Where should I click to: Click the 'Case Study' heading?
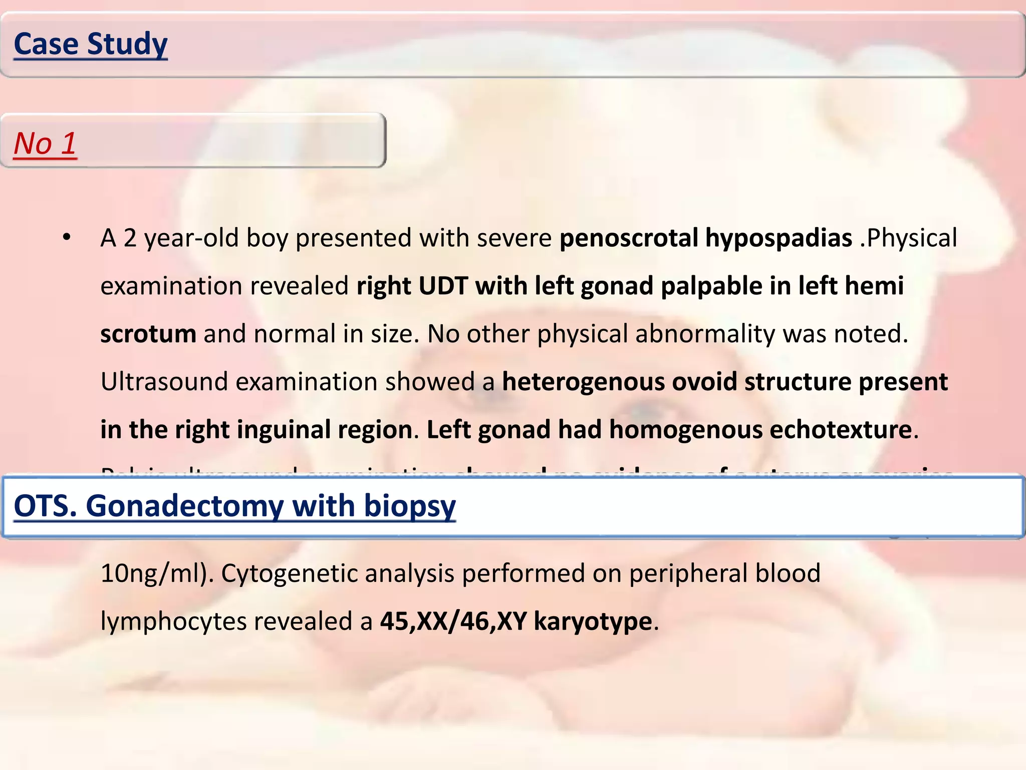point(91,44)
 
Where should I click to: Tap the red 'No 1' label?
point(45,143)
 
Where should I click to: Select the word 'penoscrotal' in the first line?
point(628,238)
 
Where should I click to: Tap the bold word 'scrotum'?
point(148,334)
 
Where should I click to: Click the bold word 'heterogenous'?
point(583,382)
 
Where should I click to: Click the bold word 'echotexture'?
point(840,430)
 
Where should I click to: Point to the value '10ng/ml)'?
point(157,573)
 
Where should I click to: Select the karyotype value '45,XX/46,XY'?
point(453,622)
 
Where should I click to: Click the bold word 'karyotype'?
point(593,622)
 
